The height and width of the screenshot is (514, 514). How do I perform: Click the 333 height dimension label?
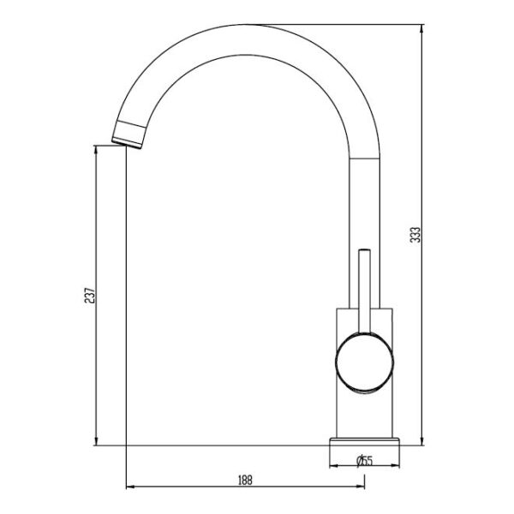click(x=415, y=235)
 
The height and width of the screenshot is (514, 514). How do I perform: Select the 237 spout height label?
click(x=89, y=296)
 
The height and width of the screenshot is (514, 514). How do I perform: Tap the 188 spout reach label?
click(x=245, y=481)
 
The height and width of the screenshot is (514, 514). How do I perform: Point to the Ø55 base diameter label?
click(x=365, y=461)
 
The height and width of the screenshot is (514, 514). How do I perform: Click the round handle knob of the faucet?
click(x=365, y=362)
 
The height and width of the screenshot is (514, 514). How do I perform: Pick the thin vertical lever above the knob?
click(x=365, y=291)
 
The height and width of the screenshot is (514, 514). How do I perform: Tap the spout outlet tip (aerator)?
click(x=128, y=134)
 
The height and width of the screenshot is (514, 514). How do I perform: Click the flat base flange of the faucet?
click(x=365, y=441)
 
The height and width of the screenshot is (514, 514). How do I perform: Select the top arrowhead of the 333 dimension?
click(x=421, y=28)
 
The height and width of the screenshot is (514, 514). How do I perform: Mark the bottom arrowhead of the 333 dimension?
click(x=421, y=441)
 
